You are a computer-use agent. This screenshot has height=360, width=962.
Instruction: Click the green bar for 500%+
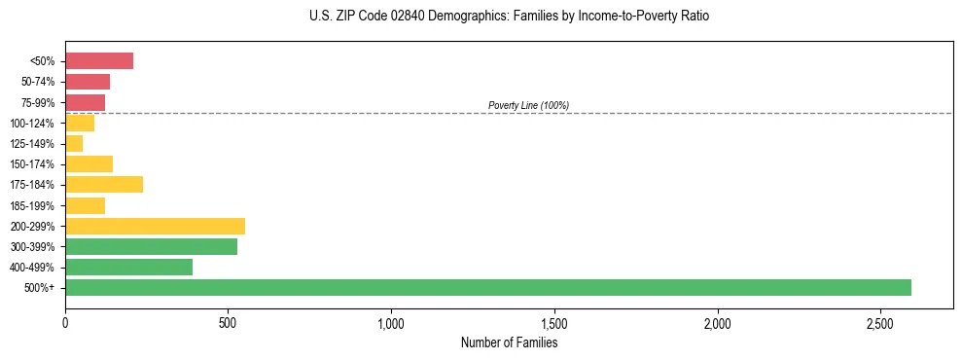coord(487,287)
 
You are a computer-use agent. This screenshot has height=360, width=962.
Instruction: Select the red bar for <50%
coord(99,61)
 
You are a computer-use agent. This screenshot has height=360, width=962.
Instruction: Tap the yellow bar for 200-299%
coord(155,226)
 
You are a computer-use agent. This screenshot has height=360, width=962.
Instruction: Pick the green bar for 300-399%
coord(151,246)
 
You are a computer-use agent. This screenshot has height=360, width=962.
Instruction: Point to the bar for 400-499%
coord(128,267)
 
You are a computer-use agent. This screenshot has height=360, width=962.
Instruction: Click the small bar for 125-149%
coord(74,143)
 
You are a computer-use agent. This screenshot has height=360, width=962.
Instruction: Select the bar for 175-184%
coord(104,184)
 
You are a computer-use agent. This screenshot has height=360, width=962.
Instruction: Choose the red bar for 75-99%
coord(85,102)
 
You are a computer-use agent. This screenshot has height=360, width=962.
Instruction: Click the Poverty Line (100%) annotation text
coord(528,105)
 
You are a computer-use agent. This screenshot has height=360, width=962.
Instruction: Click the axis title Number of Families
coord(509,342)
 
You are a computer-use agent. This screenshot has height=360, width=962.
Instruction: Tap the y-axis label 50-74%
coord(38,82)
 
